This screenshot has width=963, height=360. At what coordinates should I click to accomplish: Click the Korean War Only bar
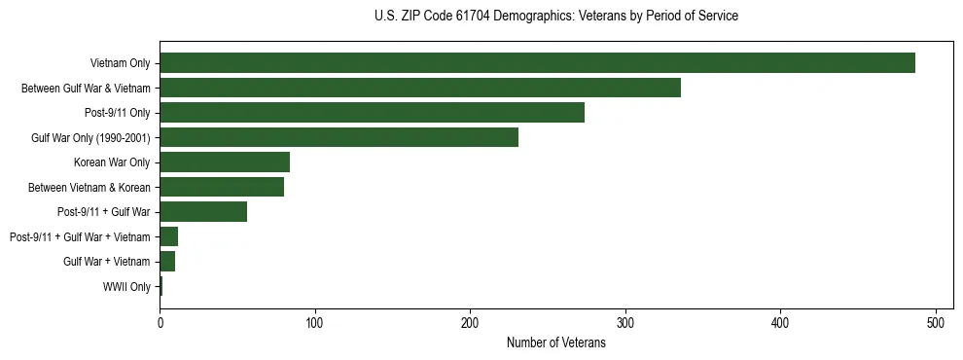[x=225, y=162]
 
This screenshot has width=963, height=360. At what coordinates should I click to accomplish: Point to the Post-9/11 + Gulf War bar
[x=203, y=212]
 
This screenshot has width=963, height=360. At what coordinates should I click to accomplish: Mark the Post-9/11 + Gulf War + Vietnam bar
[x=169, y=236]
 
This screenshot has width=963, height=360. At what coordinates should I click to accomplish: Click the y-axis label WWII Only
[x=126, y=287]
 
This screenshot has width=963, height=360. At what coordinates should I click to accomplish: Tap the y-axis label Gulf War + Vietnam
[x=107, y=262]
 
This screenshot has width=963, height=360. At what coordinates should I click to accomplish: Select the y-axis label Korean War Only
[x=112, y=162]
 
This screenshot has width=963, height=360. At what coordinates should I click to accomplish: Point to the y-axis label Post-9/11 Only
[x=118, y=113]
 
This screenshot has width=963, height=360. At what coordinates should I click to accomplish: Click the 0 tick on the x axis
[x=160, y=320]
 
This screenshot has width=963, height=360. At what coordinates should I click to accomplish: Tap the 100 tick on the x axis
[x=314, y=320]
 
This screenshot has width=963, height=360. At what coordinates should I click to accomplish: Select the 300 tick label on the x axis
[x=624, y=320]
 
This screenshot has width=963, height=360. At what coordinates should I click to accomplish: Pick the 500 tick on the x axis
[x=936, y=320]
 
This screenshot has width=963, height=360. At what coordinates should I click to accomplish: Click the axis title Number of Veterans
[x=555, y=343]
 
